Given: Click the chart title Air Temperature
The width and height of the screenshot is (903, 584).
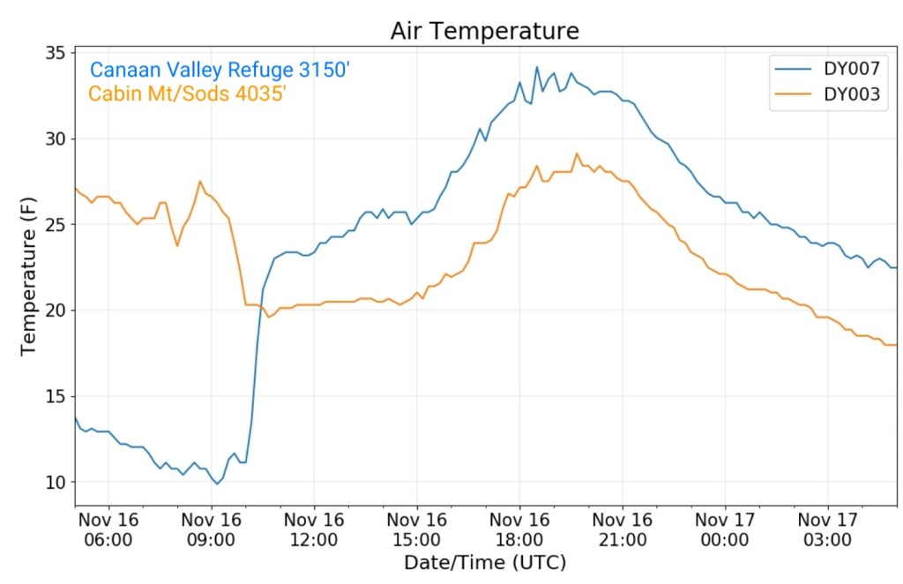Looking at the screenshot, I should pyautogui.click(x=485, y=31).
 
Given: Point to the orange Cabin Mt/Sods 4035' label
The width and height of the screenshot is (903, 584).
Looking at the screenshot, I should pyautogui.click(x=187, y=93).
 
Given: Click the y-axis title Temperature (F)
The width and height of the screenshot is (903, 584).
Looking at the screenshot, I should pyautogui.click(x=29, y=277).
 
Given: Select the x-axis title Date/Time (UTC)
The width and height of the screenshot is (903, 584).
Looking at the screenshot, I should pyautogui.click(x=485, y=562).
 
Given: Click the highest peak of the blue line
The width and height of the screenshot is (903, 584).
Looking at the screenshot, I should pyautogui.click(x=536, y=67).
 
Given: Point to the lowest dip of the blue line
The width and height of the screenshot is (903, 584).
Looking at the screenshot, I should pyautogui.click(x=217, y=483).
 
